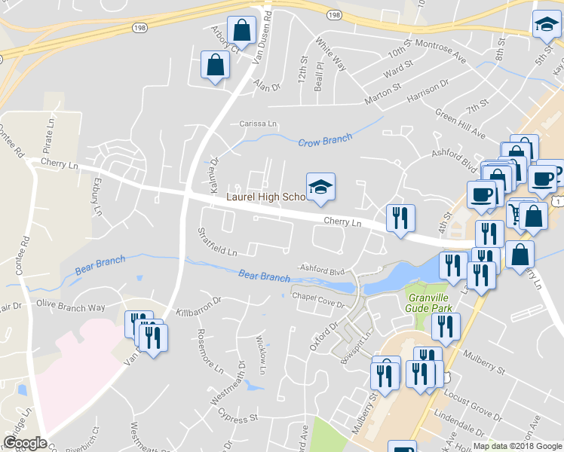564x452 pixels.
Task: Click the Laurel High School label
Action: [265, 197]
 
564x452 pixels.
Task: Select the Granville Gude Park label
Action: [428, 303]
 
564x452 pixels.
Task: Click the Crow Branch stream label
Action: [325, 142]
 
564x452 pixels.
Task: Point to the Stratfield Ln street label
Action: [217, 242]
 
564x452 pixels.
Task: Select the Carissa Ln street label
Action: [259, 124]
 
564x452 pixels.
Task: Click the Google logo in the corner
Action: [25, 443]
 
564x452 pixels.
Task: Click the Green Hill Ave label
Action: [460, 123]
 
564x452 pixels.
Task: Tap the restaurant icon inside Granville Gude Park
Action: [446, 326]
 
